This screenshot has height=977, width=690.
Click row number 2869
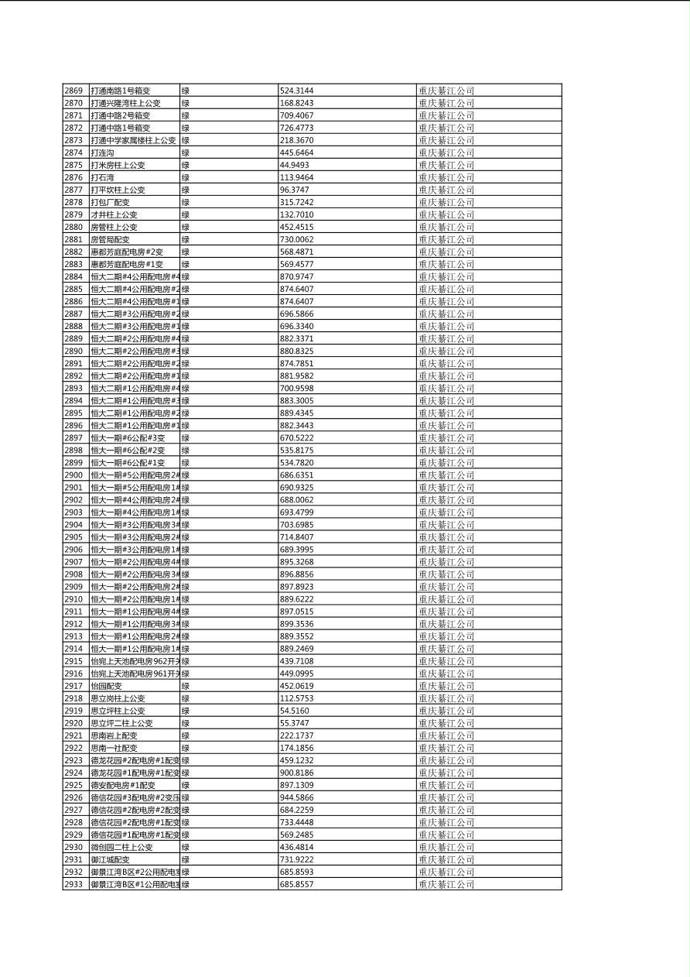click(x=73, y=91)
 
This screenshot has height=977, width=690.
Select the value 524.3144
click(x=296, y=91)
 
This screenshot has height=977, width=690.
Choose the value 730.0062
click(x=296, y=239)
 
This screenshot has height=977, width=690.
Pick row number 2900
click(x=73, y=475)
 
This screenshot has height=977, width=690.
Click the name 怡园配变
click(x=107, y=686)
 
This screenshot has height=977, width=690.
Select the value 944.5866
click(x=296, y=797)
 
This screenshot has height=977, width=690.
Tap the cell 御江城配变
click(x=111, y=859)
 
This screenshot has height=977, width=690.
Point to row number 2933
click(x=73, y=884)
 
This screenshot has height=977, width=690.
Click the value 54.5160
click(x=294, y=711)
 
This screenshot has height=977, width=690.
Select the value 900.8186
click(x=296, y=773)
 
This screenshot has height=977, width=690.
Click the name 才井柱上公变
click(x=114, y=214)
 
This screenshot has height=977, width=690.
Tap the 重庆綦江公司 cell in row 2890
click(x=446, y=351)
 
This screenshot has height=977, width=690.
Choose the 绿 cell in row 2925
click(x=186, y=785)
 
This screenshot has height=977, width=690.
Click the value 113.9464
click(x=296, y=177)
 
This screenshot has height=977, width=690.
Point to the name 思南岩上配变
click(x=114, y=735)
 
